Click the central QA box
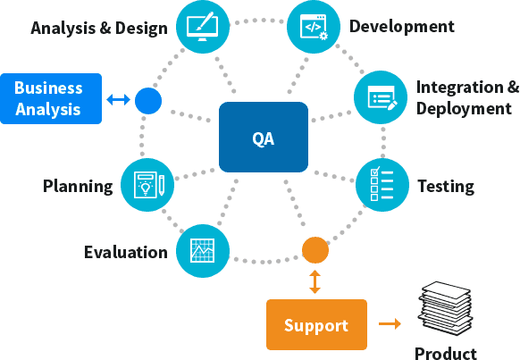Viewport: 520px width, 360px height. [263, 138]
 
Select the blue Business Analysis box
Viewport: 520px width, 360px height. [48, 99]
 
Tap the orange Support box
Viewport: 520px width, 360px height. [316, 324]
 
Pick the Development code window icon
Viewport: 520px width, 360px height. [314, 26]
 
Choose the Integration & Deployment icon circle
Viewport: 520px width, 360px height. [382, 97]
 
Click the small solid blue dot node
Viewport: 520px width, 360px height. [148, 99]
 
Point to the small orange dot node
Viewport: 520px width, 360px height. [315, 250]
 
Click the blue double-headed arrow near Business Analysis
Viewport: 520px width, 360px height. [118, 99]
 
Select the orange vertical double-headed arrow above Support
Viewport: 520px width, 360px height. [315, 281]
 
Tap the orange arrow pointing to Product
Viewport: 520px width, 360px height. [390, 324]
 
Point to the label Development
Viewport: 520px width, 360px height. [401, 26]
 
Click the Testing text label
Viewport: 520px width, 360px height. [445, 187]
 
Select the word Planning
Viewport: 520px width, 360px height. [79, 187]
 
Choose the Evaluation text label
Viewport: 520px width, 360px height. [126, 252]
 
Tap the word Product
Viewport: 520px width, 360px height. [445, 353]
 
